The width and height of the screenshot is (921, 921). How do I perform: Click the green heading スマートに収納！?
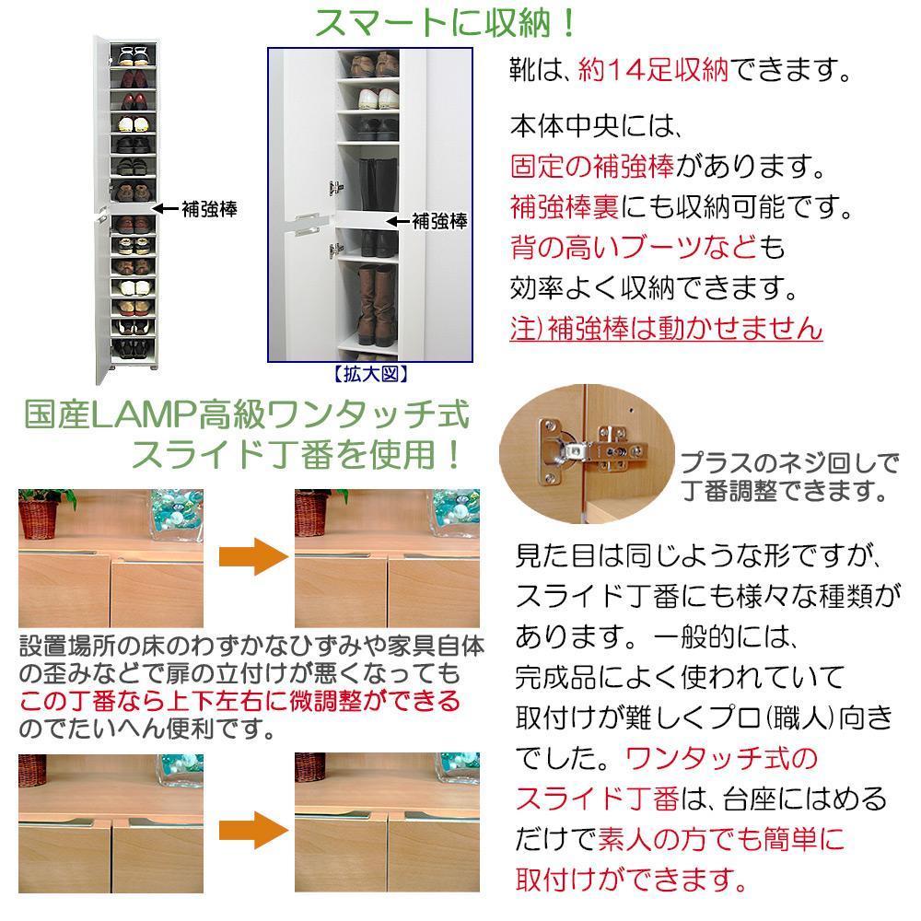[x=446, y=23]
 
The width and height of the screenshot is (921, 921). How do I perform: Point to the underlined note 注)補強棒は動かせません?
[x=666, y=328]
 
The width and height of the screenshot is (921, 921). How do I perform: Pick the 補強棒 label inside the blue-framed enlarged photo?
[x=439, y=221]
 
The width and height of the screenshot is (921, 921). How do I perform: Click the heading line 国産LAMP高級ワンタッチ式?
[x=247, y=417]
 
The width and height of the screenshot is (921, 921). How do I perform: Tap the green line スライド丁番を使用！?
[x=297, y=455]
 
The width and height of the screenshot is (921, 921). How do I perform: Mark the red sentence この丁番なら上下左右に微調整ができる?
[x=239, y=702]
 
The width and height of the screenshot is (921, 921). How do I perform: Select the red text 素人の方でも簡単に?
[x=720, y=838]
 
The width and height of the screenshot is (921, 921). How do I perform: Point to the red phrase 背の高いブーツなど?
[x=635, y=248]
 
